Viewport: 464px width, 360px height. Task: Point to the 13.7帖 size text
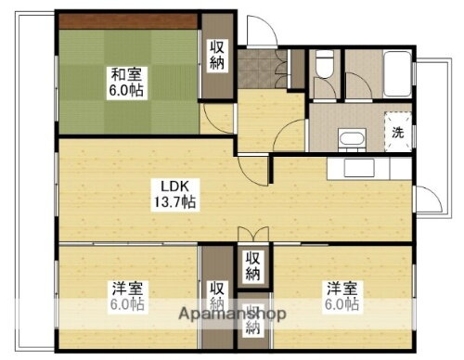tap(174, 202)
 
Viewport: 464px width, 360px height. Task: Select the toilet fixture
tap(324, 64)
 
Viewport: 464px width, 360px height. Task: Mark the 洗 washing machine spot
tap(396, 132)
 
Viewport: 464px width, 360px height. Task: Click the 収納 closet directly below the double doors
tap(252, 265)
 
